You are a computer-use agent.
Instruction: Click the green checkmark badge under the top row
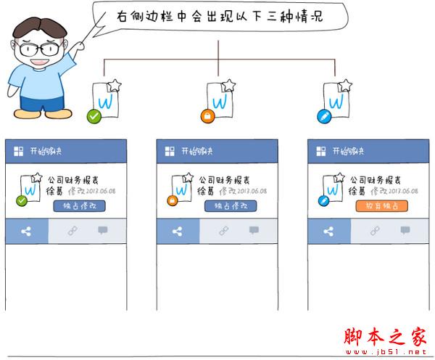coord(93,116)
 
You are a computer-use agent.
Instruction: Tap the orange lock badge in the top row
coord(207,116)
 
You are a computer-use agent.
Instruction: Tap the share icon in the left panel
coord(27,232)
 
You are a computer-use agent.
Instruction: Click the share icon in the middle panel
coord(178,232)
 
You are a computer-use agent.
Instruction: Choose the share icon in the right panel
coord(329,232)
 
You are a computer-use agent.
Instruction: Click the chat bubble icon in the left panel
coord(103,231)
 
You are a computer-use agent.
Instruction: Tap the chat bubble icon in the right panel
coord(405,231)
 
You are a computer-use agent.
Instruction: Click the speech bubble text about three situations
coord(217,16)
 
